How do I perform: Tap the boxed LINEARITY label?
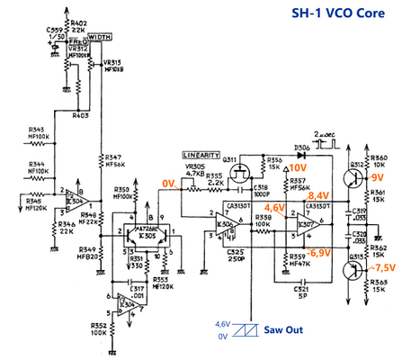[x=202, y=156]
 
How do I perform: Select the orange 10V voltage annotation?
[x=298, y=168]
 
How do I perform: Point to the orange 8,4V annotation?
[x=318, y=194]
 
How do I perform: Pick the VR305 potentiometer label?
[x=194, y=166]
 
